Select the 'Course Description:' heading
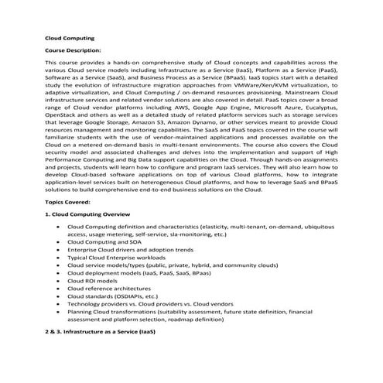[74, 49]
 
